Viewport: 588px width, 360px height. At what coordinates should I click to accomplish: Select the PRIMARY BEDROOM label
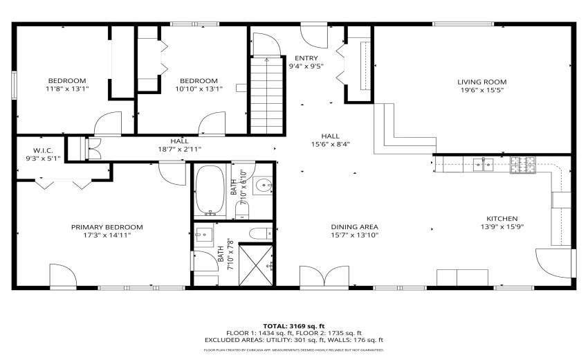pos(107,227)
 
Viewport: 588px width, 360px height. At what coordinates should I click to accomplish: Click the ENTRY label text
pos(306,58)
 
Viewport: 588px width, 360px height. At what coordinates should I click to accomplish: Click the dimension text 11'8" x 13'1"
pos(66,89)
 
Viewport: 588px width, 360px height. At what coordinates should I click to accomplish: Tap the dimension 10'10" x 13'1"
pos(199,89)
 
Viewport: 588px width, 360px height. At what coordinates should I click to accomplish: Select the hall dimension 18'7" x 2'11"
pos(179,149)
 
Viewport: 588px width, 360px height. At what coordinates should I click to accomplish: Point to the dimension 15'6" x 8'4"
pos(329,144)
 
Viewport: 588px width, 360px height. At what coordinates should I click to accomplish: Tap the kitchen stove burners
pos(520,164)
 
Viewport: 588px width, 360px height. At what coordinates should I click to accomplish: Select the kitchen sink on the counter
pos(482,164)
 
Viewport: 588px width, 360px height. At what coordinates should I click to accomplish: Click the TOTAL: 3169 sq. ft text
pos(293,325)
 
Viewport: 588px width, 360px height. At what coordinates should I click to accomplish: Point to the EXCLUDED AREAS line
pos(293,340)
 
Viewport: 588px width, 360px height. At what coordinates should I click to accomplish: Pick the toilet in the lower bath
pos(259,232)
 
